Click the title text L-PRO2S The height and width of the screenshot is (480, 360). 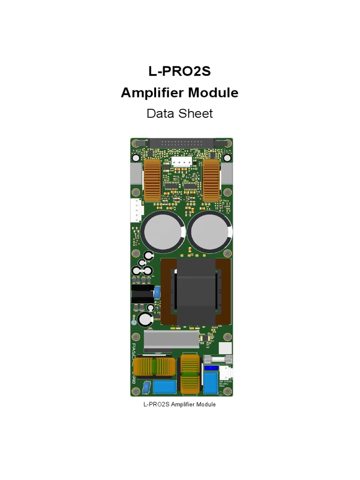[x=180, y=72]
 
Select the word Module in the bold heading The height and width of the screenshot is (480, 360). [x=213, y=93]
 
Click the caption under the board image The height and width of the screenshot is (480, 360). [x=180, y=404]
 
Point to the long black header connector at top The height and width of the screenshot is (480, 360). [x=181, y=141]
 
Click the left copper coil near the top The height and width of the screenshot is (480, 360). [x=151, y=180]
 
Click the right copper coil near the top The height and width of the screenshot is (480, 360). [x=211, y=180]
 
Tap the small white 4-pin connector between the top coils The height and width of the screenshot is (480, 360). [x=181, y=162]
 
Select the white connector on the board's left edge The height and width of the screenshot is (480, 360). [x=135, y=210]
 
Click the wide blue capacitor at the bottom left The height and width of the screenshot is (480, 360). [x=164, y=387]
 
